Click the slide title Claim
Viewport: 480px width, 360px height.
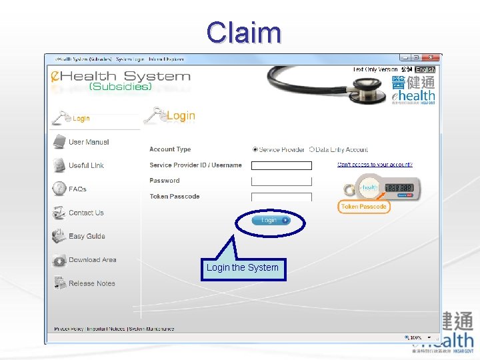(243, 32)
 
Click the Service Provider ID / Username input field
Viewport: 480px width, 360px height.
(281, 165)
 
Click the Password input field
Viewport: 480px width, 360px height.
(281, 181)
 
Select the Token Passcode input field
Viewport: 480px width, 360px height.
(281, 197)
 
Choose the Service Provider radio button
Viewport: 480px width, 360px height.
(255, 150)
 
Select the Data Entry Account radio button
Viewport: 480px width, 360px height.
(311, 150)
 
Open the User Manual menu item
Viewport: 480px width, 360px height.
(88, 142)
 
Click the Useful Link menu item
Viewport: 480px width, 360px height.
(86, 165)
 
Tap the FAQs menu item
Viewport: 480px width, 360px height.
(77, 189)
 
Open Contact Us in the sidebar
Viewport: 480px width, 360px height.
(86, 213)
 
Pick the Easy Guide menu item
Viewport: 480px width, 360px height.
(87, 236)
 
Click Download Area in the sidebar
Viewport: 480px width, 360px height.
(92, 260)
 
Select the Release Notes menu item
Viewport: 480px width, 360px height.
(91, 283)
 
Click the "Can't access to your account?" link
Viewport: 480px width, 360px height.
(375, 164)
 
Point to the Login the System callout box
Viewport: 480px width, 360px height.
(243, 268)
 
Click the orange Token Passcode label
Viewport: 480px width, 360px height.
(363, 207)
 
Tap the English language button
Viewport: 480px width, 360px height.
(425, 69)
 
